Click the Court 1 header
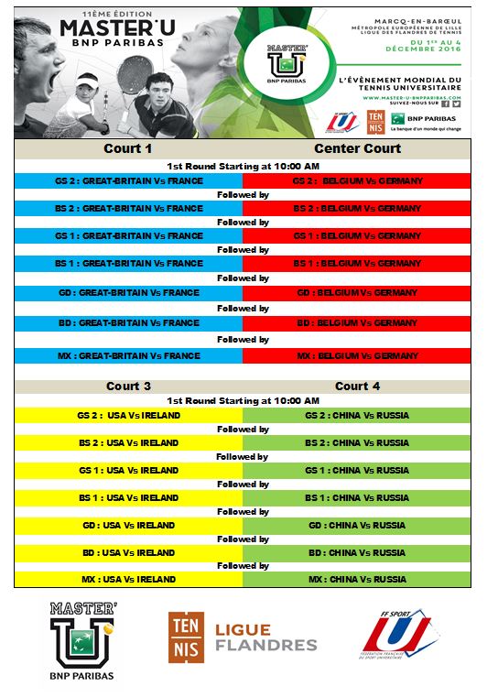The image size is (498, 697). (x=129, y=148)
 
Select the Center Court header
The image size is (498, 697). (x=357, y=148)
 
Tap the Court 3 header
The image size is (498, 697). (x=129, y=386)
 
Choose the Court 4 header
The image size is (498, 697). (x=357, y=386)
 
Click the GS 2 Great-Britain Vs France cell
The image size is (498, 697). (x=129, y=181)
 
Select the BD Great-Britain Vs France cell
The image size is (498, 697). (x=129, y=322)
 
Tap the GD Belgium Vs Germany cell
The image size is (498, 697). (x=357, y=293)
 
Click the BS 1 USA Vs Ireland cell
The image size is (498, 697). (x=129, y=497)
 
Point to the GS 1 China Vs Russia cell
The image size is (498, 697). (x=357, y=470)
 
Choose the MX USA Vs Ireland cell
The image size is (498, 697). (x=129, y=579)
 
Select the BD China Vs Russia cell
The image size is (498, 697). (x=357, y=552)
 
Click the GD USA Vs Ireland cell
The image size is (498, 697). (x=129, y=526)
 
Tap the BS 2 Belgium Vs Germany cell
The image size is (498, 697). (x=357, y=209)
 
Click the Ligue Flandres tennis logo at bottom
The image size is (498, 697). (x=243, y=638)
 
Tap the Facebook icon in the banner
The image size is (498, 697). (x=445, y=104)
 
